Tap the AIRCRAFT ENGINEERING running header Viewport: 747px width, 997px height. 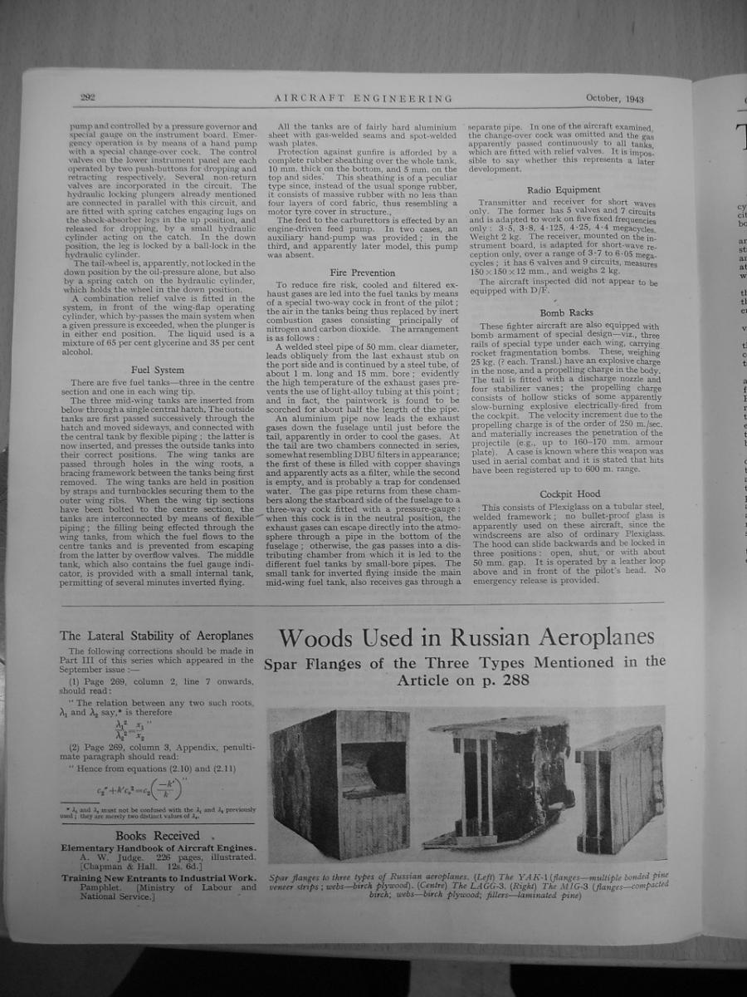tap(364, 98)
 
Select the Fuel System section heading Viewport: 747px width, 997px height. tap(158, 370)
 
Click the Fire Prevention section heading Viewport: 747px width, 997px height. tap(363, 272)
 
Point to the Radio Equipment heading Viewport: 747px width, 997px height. tap(564, 189)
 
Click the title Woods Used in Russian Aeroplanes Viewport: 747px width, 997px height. tap(466, 638)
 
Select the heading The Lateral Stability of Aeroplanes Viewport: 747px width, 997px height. tap(157, 636)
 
